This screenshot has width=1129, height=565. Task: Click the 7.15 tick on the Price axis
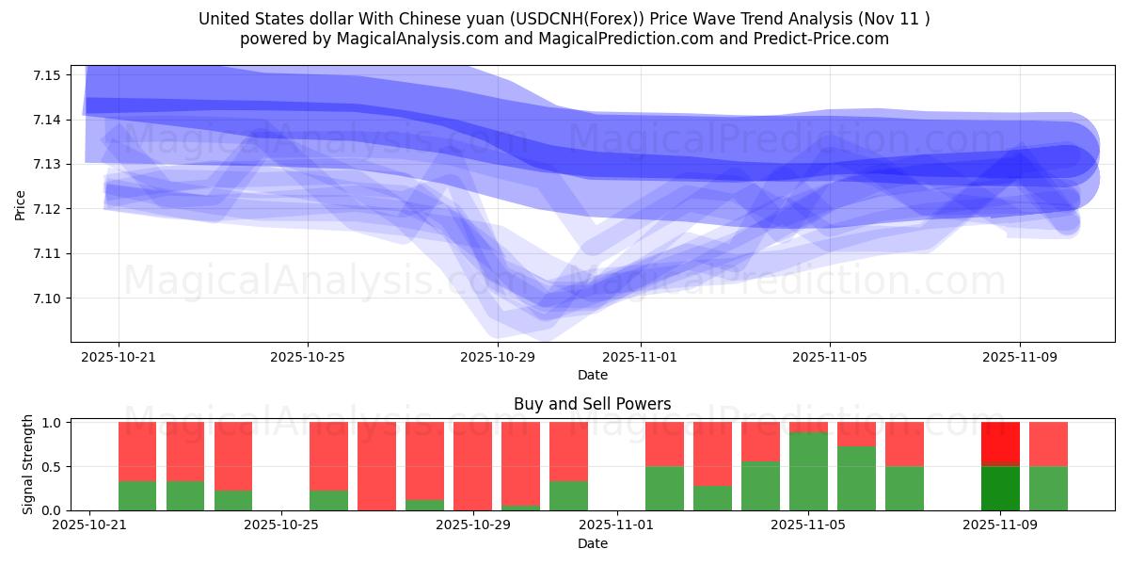pyautogui.click(x=46, y=74)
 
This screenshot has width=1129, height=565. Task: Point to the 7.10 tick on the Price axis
pyautogui.click(x=46, y=299)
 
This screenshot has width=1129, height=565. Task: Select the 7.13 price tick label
pyautogui.click(x=46, y=164)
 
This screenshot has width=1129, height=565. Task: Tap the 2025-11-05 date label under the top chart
pyautogui.click(x=829, y=358)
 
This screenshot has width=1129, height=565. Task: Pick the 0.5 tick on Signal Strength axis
pyautogui.click(x=52, y=467)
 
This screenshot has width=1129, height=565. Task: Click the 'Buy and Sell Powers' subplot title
pyautogui.click(x=592, y=404)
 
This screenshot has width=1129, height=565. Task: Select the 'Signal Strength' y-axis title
pyautogui.click(x=28, y=464)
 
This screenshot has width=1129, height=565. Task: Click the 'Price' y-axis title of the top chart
pyautogui.click(x=21, y=204)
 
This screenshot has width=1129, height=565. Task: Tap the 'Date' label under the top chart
pyautogui.click(x=592, y=375)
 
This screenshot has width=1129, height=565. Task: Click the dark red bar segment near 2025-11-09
pyautogui.click(x=999, y=443)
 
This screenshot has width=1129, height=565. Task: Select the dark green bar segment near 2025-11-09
pyautogui.click(x=999, y=488)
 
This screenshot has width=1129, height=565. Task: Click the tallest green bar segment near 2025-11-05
pyautogui.click(x=808, y=471)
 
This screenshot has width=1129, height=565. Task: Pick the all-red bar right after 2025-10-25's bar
pyautogui.click(x=376, y=466)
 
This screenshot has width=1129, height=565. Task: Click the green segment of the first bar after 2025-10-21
pyautogui.click(x=137, y=495)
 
